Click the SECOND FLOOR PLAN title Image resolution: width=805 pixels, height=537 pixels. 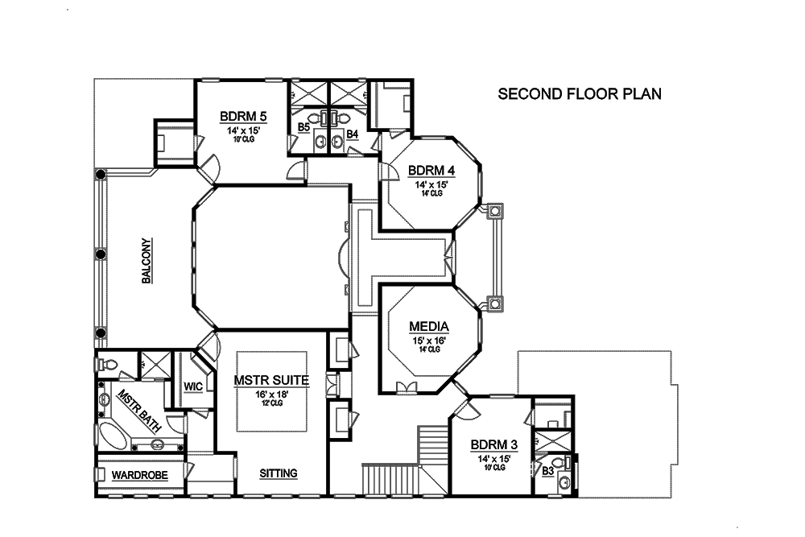coord(580,94)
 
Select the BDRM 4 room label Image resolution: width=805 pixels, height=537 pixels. coord(431,171)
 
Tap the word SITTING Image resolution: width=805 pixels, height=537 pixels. coord(279,473)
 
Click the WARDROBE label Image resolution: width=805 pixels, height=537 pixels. coord(139,476)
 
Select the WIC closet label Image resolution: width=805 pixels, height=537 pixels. coord(192,386)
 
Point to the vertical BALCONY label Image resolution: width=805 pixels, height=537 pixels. coord(147,261)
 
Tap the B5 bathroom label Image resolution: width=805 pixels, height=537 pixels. coord(303,127)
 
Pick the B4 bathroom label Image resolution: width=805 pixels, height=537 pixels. coord(352,127)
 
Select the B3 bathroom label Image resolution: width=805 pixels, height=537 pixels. coord(547,470)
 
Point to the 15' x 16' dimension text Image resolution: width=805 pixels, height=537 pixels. coord(429,340)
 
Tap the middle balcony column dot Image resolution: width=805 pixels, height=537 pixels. coord(101,254)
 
